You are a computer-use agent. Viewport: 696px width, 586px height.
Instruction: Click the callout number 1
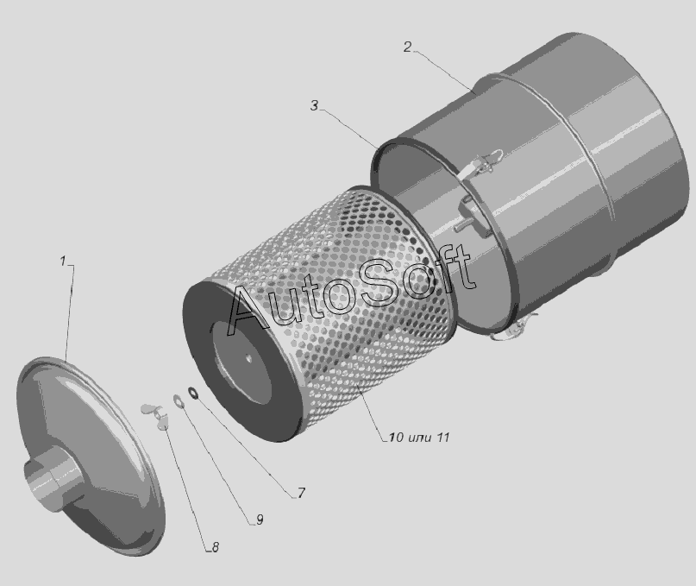[63, 261]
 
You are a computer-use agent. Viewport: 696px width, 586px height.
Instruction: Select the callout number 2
[407, 47]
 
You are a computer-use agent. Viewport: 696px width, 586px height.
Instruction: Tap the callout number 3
[314, 106]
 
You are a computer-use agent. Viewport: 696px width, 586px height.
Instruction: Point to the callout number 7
[301, 493]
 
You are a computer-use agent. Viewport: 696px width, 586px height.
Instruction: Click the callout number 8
[216, 547]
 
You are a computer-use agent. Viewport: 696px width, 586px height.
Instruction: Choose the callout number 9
[260, 520]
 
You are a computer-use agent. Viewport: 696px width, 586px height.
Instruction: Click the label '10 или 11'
[419, 438]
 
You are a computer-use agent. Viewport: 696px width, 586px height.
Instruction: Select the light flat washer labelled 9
[179, 400]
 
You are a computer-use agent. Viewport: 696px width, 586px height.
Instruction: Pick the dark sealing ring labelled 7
[193, 393]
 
